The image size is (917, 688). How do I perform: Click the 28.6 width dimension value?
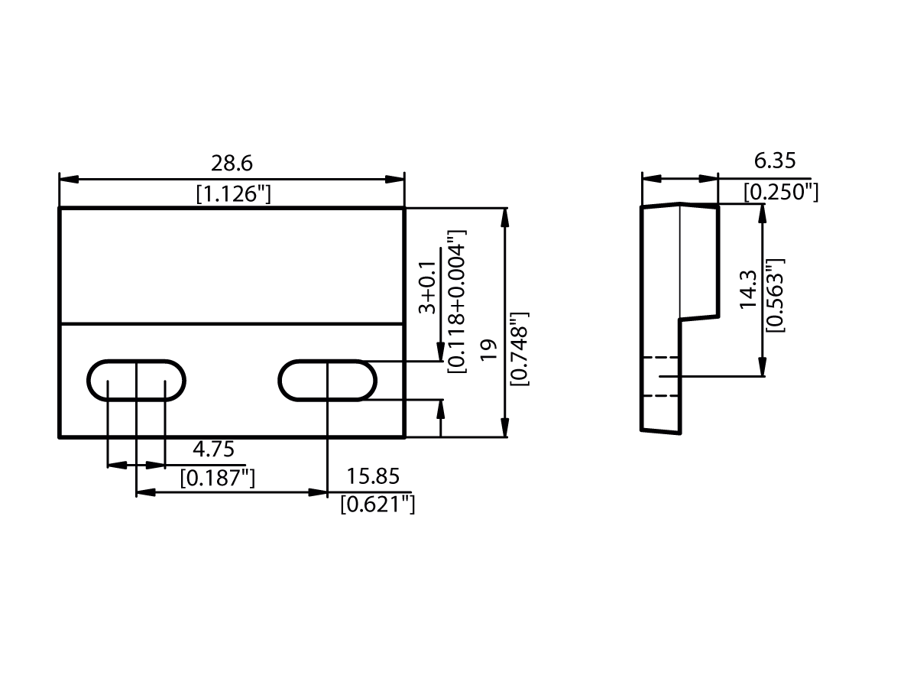(232, 163)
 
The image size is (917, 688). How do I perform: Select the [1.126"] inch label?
(233, 194)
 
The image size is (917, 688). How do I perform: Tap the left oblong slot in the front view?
(137, 380)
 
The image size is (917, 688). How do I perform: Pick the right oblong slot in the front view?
(327, 380)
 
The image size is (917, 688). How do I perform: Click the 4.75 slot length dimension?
(213, 449)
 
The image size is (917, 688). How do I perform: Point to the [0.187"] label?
(217, 479)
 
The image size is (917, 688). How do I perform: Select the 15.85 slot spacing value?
(373, 476)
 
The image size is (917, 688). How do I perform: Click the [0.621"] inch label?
(377, 505)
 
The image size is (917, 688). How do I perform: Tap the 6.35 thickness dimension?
(775, 161)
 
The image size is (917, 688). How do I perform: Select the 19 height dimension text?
(489, 349)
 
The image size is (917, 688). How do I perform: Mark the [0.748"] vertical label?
(519, 349)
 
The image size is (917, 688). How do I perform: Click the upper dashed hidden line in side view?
(660, 357)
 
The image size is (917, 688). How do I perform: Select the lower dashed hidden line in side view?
(660, 395)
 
